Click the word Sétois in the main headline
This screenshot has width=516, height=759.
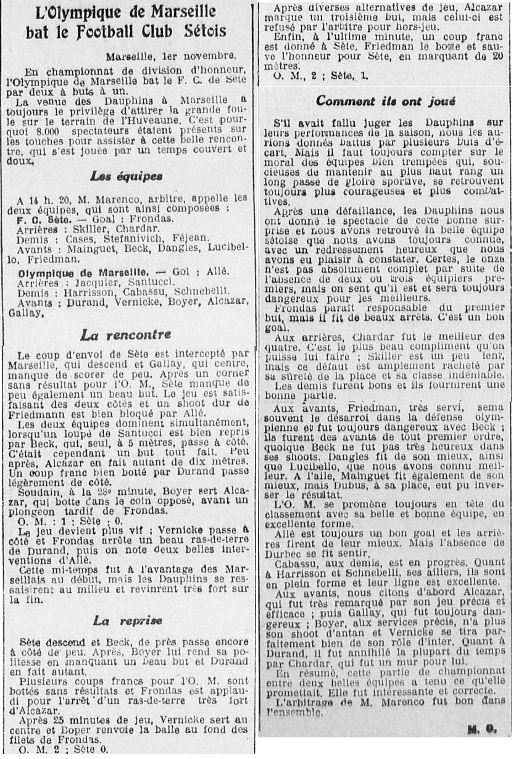click(x=196, y=31)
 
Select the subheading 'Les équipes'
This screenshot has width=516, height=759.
click(x=127, y=176)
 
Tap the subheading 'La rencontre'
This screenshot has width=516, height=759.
click(x=126, y=336)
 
